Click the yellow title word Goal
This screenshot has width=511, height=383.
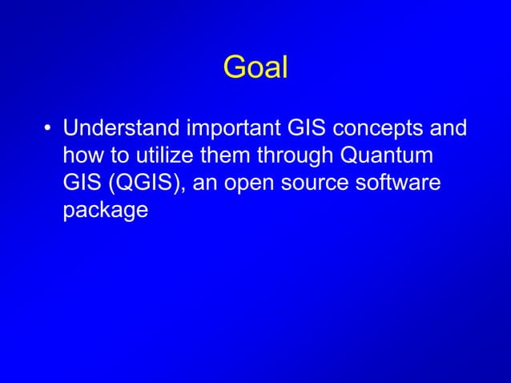[x=255, y=68]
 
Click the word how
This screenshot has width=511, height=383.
[x=82, y=155]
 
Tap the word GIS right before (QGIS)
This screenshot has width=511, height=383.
[x=82, y=183]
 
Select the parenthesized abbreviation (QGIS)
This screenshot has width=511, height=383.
[x=150, y=183]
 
